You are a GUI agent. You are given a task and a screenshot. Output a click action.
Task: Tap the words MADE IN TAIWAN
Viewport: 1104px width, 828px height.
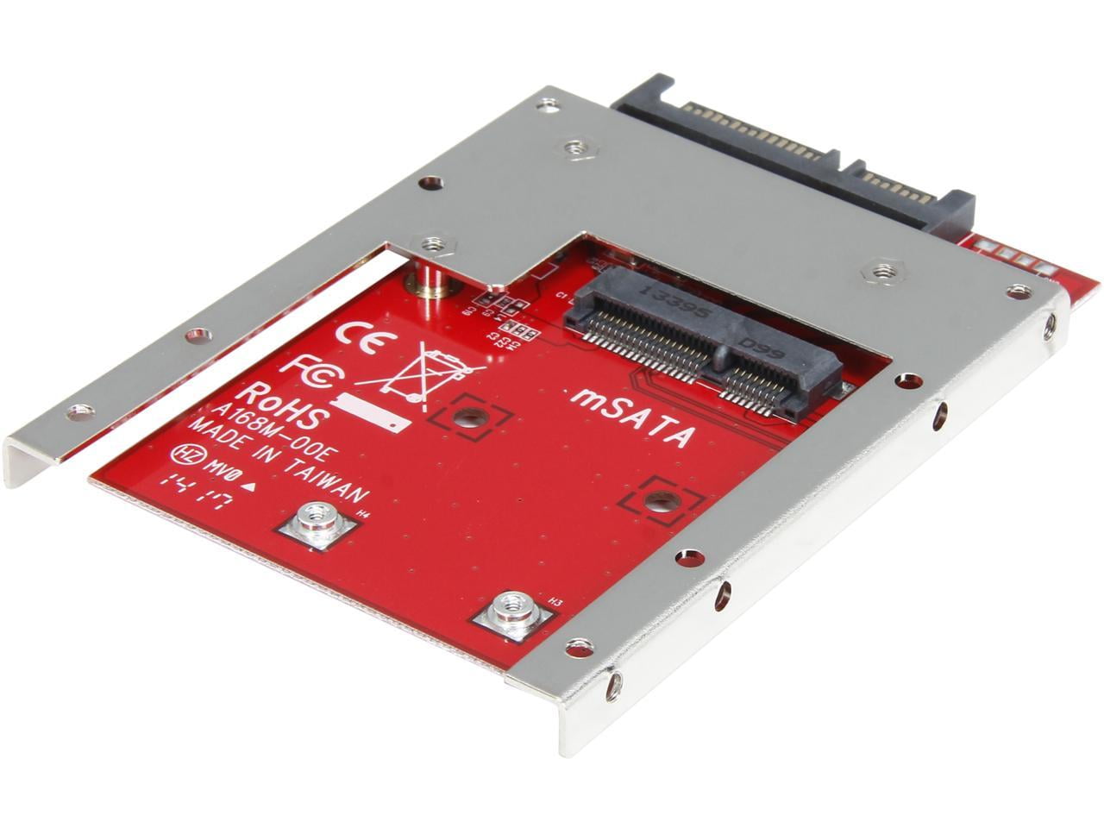click(x=278, y=462)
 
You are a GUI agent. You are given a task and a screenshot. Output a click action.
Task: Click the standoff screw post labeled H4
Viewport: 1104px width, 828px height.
click(x=317, y=523)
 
